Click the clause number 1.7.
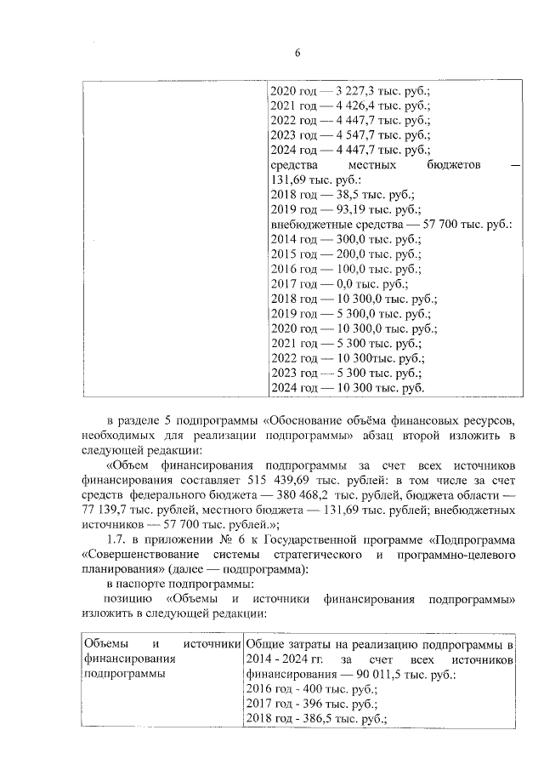[115, 540]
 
